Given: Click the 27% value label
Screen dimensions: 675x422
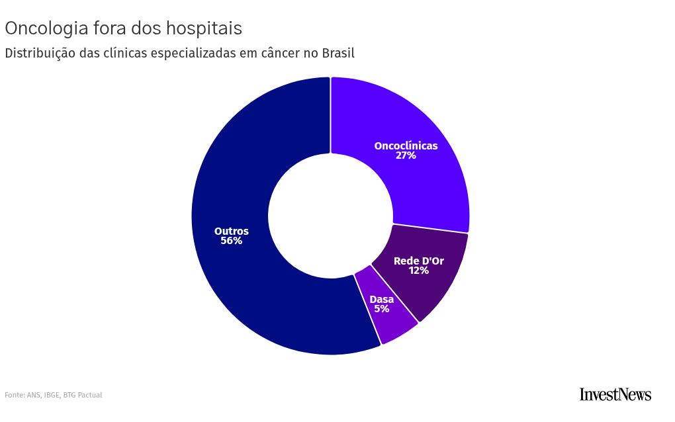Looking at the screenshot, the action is pos(406,155).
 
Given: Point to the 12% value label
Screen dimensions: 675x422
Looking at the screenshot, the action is pos(419,270).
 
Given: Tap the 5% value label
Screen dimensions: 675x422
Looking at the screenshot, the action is pos(381,309).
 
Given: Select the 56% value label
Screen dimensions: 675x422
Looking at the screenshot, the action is pos(232,241).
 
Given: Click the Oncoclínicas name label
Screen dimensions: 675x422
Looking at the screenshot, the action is pos(406,146).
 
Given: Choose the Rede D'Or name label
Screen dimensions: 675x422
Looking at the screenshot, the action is pos(419,261).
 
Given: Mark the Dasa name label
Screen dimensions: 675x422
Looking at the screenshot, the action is pos(381,300).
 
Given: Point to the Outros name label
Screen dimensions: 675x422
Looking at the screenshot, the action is pos(232,231).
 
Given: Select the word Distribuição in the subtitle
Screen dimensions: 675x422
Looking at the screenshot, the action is pos(40,54).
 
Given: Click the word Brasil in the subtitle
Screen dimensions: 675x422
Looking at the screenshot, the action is pos(338,53).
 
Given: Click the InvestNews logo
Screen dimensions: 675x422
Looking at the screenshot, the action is pos(615,394).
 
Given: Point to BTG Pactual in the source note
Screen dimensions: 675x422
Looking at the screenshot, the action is pos(83,395).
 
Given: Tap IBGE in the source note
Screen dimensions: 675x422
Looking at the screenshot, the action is pos(52,395).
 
